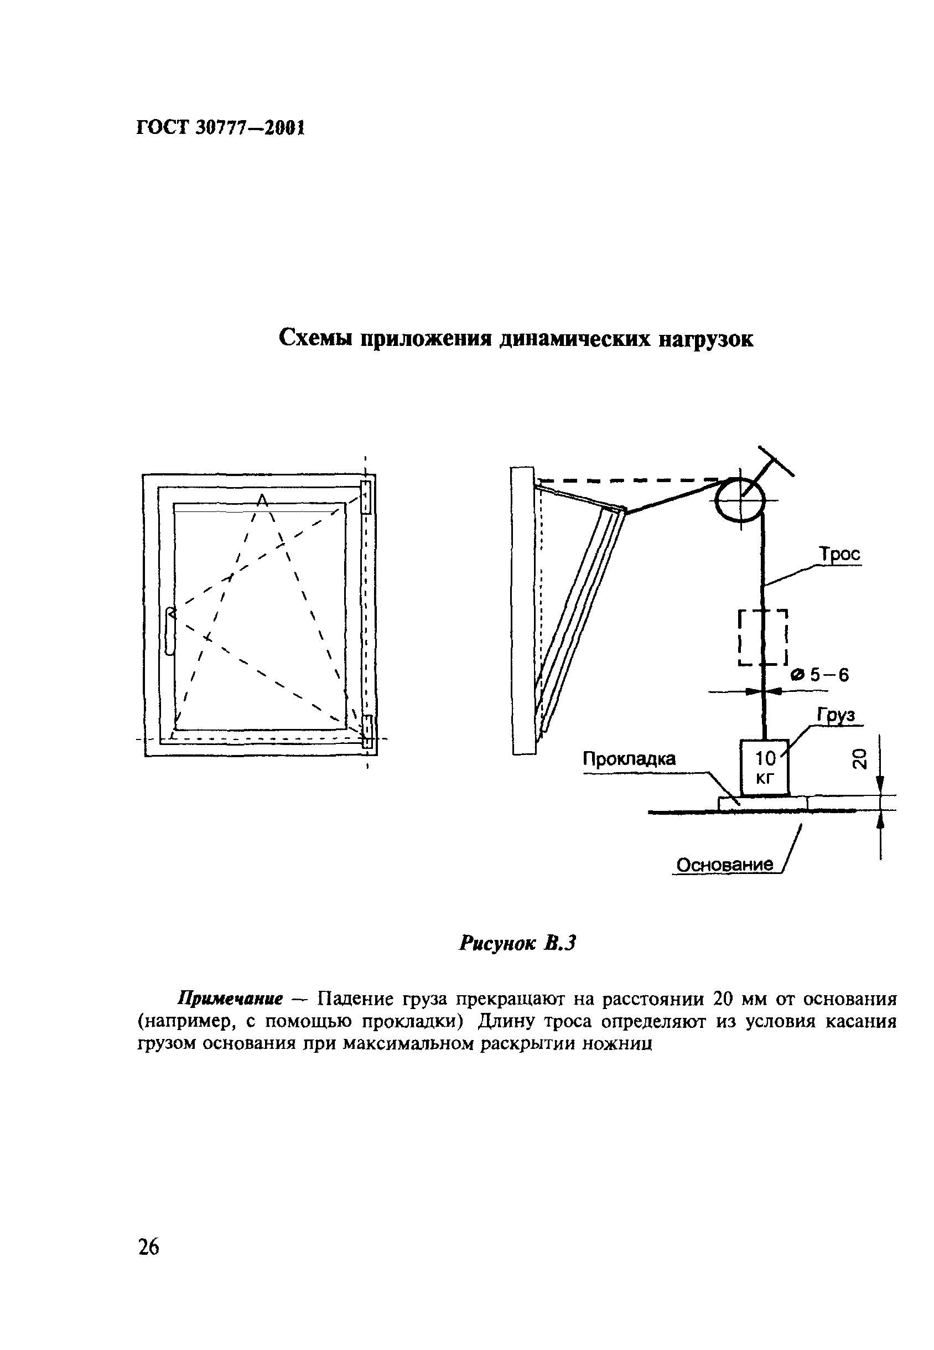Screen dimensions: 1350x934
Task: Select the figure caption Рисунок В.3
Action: [x=517, y=942]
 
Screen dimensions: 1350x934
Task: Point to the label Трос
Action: [x=840, y=554]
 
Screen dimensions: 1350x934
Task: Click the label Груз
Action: [x=836, y=715]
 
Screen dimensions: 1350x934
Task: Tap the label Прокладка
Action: [x=629, y=759]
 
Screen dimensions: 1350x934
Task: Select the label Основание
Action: [x=724, y=864]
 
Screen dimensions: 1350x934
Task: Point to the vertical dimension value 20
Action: [x=859, y=759]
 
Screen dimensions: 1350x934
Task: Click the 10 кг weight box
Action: [x=764, y=768]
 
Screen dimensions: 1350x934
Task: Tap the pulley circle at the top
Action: [x=740, y=499]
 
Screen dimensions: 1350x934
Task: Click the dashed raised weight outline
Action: [x=763, y=637]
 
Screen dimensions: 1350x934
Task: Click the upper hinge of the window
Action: [x=366, y=497]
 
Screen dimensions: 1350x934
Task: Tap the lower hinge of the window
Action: [x=367, y=731]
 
